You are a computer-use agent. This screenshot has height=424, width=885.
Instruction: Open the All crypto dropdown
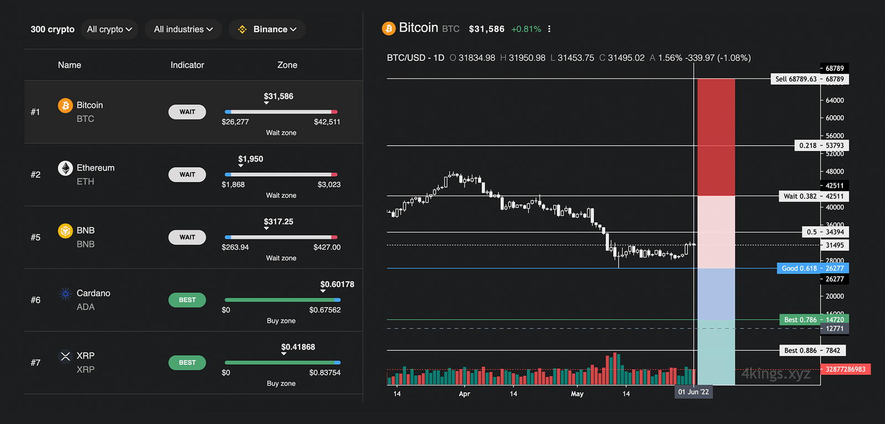[x=110, y=29]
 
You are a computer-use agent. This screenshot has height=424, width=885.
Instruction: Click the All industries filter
[x=183, y=29]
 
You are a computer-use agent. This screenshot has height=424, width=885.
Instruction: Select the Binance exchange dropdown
[x=267, y=29]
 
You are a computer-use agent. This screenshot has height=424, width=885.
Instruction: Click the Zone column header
[x=287, y=65]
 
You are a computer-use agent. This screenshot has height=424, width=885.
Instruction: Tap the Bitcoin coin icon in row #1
[x=65, y=105]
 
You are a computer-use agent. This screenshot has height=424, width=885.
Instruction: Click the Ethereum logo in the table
[x=65, y=168]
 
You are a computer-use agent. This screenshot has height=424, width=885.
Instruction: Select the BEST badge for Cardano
[x=187, y=300]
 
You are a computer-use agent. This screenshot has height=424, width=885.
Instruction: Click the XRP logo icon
[x=65, y=356]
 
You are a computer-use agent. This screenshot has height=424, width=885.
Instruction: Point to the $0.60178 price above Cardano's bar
[x=337, y=285]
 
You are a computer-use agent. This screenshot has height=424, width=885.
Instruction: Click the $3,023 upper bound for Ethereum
[x=329, y=185]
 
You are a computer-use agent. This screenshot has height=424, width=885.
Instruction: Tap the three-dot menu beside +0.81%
[x=549, y=29]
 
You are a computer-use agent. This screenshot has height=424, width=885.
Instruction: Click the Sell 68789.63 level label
[x=810, y=79]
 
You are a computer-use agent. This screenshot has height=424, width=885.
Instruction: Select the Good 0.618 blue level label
[x=813, y=268]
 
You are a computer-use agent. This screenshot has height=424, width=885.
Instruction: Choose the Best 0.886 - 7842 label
[x=812, y=350]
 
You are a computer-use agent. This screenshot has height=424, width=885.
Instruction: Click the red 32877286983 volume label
[x=846, y=369]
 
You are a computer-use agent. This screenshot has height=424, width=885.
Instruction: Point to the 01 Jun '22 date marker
[x=693, y=392]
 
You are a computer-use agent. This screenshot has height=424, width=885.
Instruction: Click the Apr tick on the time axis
[x=465, y=394]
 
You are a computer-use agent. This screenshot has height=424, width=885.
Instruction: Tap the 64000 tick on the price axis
[x=835, y=101]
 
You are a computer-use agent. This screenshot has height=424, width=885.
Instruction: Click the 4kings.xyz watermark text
[x=775, y=374]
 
